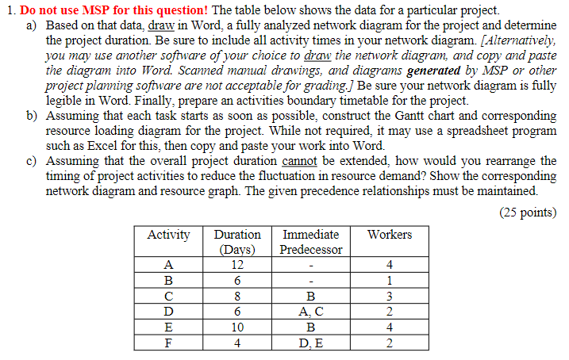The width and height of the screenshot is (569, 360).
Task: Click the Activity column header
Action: point(169,235)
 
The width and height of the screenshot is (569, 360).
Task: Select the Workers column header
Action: point(390,235)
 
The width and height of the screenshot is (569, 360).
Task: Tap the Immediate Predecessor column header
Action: point(311,242)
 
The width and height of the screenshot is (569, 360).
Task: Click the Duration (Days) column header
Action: point(237,242)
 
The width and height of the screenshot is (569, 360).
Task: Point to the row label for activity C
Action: point(169,296)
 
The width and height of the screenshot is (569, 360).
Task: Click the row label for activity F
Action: point(169,343)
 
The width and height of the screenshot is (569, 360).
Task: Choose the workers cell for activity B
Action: point(390,280)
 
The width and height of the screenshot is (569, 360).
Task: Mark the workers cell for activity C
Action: point(390,296)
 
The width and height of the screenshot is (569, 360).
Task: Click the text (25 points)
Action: point(529,212)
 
